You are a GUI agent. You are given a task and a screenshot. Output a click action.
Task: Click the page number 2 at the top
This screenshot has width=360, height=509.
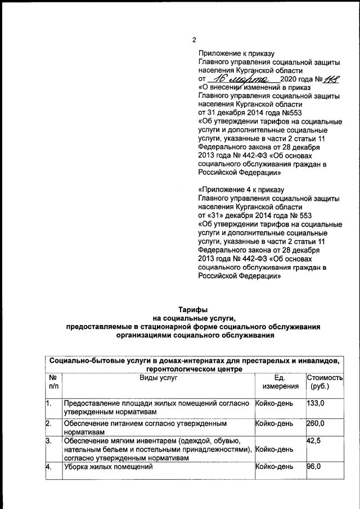[x=194, y=39]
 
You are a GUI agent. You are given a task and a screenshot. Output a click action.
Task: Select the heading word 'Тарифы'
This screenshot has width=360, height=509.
[x=193, y=310]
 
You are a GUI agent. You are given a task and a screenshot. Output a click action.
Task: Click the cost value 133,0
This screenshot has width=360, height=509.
[x=316, y=403]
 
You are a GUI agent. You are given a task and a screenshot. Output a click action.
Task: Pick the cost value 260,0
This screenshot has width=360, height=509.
[x=316, y=422]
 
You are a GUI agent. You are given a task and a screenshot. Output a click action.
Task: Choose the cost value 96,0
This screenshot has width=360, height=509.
[x=314, y=467]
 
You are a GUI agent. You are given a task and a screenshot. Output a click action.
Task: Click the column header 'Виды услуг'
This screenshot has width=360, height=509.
[x=158, y=378]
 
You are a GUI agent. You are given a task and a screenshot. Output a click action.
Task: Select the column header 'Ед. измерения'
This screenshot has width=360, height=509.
[x=279, y=382]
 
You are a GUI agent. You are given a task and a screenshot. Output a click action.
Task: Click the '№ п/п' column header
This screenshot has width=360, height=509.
[x=53, y=382]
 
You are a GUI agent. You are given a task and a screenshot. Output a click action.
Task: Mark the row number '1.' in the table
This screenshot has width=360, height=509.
[x=49, y=403]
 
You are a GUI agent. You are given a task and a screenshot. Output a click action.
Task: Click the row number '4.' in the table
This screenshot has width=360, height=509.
[x=49, y=467]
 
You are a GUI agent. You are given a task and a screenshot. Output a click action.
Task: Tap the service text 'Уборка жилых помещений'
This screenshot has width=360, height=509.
[x=109, y=467]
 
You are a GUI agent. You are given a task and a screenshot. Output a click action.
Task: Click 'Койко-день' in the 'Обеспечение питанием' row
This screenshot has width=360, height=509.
[x=274, y=422]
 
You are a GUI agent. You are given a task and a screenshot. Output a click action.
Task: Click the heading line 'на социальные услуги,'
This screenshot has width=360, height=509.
[x=193, y=318]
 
